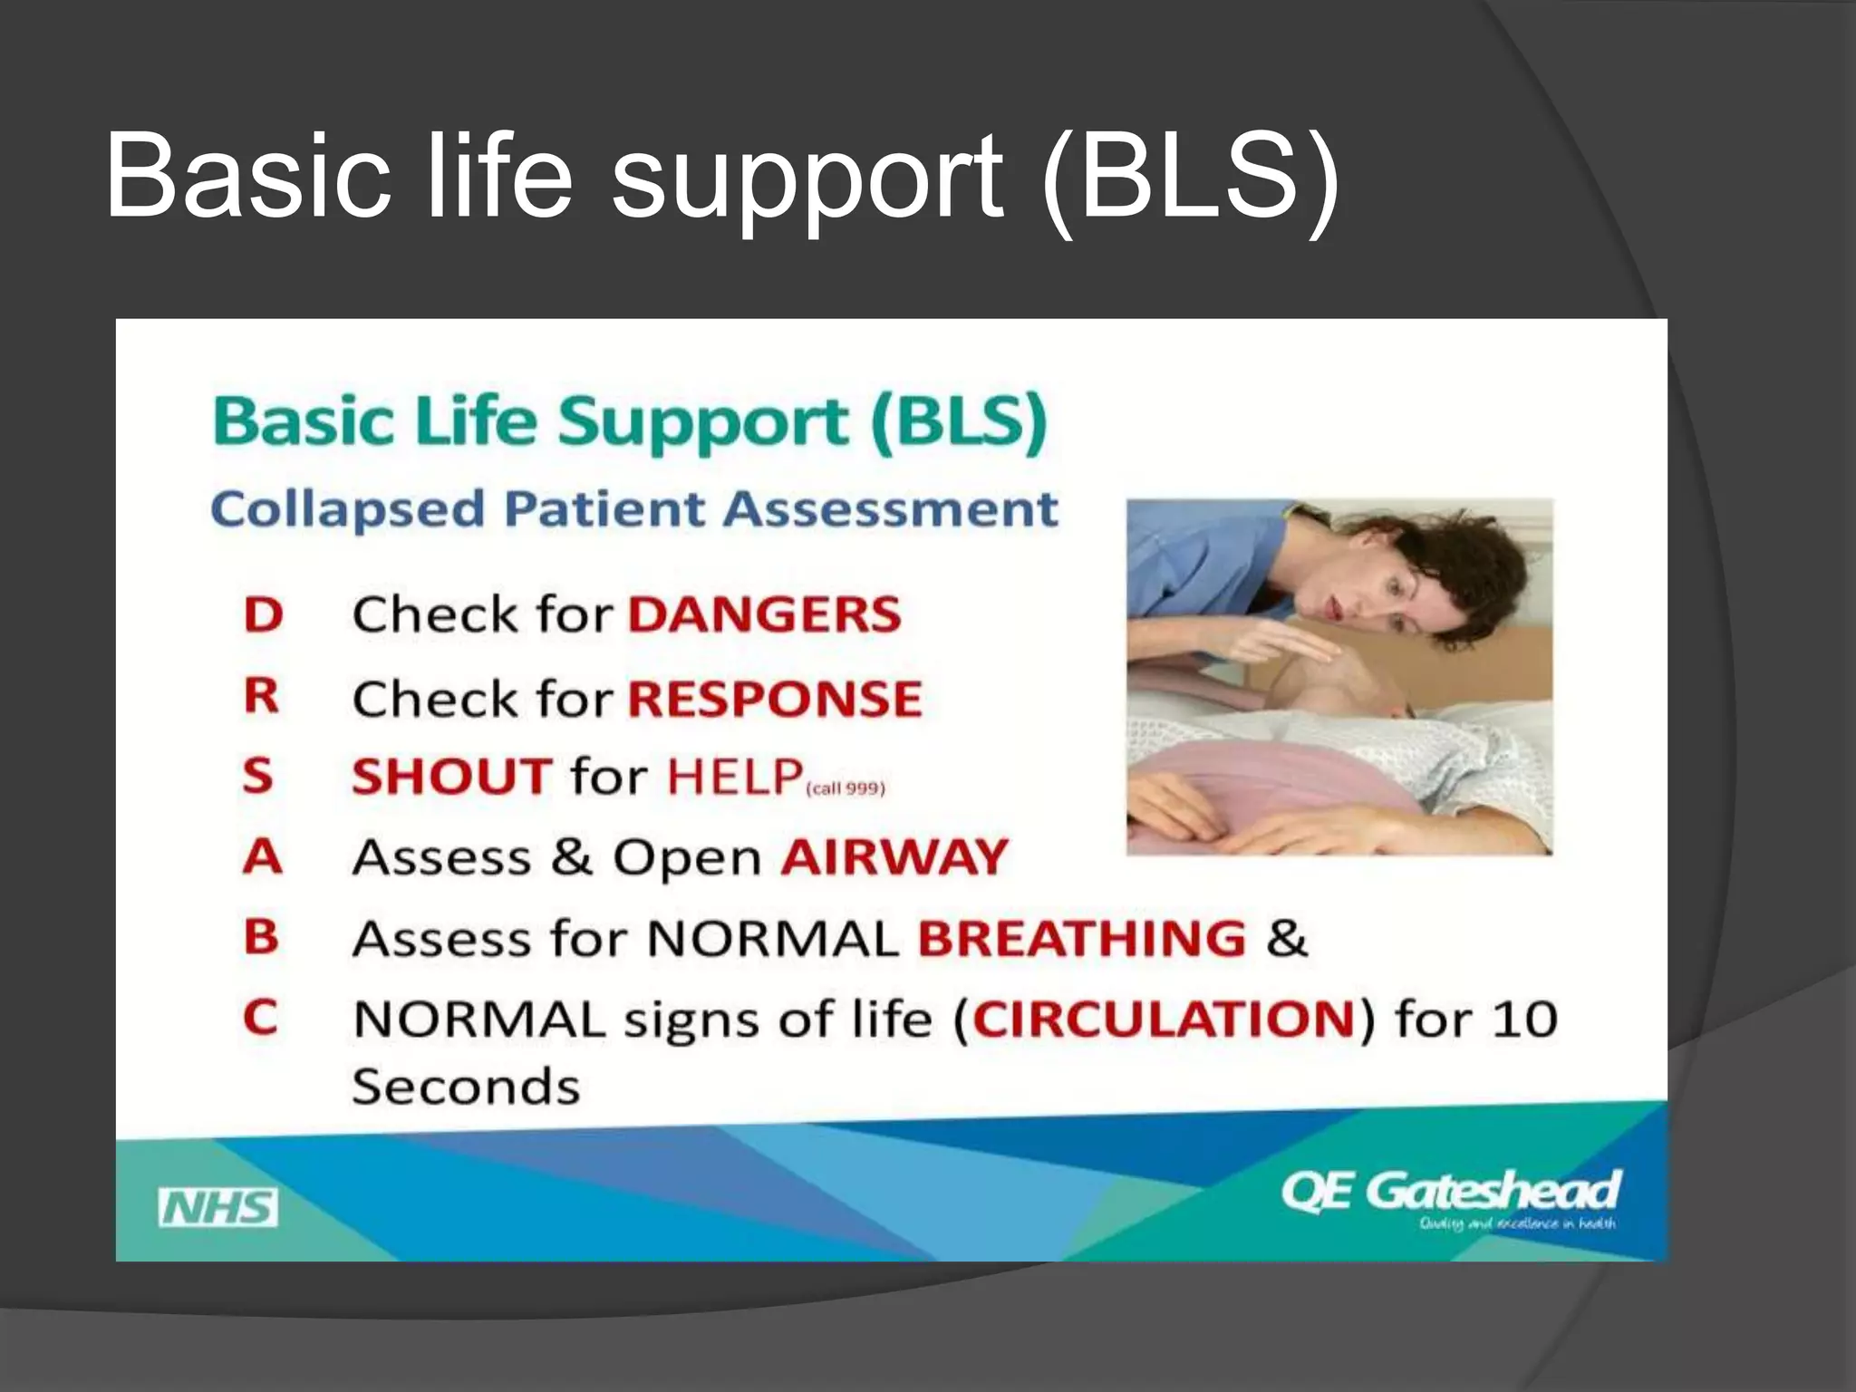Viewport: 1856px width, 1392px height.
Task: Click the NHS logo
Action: [x=217, y=1207]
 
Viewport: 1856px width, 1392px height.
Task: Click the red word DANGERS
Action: [x=765, y=614]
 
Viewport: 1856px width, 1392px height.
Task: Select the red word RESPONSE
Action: [x=775, y=699]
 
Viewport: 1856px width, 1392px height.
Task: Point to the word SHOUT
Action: [x=451, y=777]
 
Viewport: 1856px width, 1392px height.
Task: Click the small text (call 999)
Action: [x=845, y=788]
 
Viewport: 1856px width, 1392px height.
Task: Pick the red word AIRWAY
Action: [x=894, y=856]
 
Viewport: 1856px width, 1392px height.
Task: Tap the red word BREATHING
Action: [x=1082, y=938]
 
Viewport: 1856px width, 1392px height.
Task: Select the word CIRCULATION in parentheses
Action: [x=1164, y=1020]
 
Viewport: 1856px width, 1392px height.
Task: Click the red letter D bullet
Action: [x=263, y=615]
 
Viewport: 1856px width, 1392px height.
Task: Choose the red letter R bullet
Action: [x=261, y=696]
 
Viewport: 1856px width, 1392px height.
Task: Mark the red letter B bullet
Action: [x=261, y=936]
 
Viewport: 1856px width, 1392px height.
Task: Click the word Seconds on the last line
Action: [x=466, y=1087]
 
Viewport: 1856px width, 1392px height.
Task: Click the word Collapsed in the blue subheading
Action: [x=348, y=510]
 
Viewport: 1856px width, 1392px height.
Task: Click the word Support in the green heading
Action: [x=703, y=422]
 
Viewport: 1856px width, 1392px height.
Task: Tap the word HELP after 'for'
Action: [x=734, y=777]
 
